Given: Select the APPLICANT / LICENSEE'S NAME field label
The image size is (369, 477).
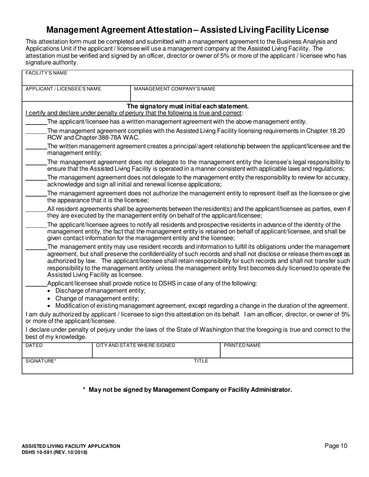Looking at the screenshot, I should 63,89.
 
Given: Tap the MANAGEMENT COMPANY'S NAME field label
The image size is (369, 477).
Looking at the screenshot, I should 174,89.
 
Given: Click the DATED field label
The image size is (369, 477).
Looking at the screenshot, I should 34,345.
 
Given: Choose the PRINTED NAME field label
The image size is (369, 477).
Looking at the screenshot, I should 242,345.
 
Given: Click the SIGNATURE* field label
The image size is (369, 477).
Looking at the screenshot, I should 41,361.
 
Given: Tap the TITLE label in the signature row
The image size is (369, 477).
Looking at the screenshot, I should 201,361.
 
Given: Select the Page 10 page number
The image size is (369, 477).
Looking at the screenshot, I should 336,446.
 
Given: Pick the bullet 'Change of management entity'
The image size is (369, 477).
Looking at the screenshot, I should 97,298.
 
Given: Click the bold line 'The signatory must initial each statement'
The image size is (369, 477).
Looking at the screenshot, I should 188,106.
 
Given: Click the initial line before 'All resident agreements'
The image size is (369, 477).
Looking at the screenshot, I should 36,211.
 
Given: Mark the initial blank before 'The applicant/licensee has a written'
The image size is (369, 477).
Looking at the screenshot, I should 36,124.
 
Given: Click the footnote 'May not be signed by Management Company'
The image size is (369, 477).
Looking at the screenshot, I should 190,390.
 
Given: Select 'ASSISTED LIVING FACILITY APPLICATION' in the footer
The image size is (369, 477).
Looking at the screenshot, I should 71,446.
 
